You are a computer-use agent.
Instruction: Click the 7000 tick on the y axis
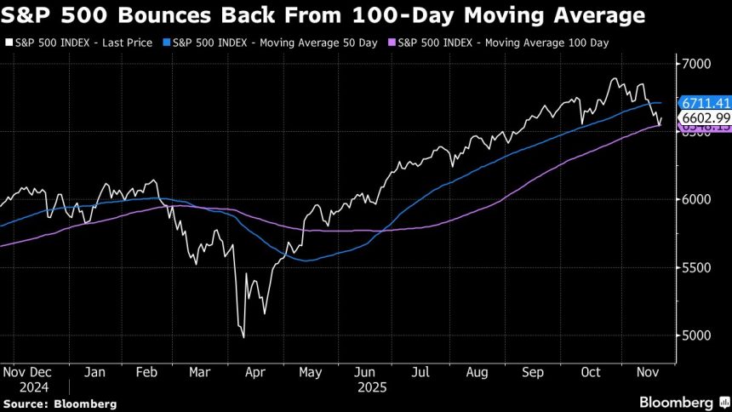click(x=697, y=64)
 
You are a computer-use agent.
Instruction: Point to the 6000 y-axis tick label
click(x=697, y=200)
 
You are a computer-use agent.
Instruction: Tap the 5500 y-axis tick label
click(x=697, y=268)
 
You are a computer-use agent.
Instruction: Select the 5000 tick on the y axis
click(x=697, y=335)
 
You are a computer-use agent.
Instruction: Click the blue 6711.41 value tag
click(x=702, y=103)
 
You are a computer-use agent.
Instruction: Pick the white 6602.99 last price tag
click(x=703, y=117)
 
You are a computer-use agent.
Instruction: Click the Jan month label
click(x=94, y=372)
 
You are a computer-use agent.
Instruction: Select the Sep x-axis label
click(x=533, y=372)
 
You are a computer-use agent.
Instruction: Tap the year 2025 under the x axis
click(x=371, y=386)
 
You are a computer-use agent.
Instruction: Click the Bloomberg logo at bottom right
click(x=677, y=402)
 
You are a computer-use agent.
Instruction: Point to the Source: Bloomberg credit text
click(x=59, y=403)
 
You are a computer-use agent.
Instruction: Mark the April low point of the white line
click(x=244, y=338)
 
